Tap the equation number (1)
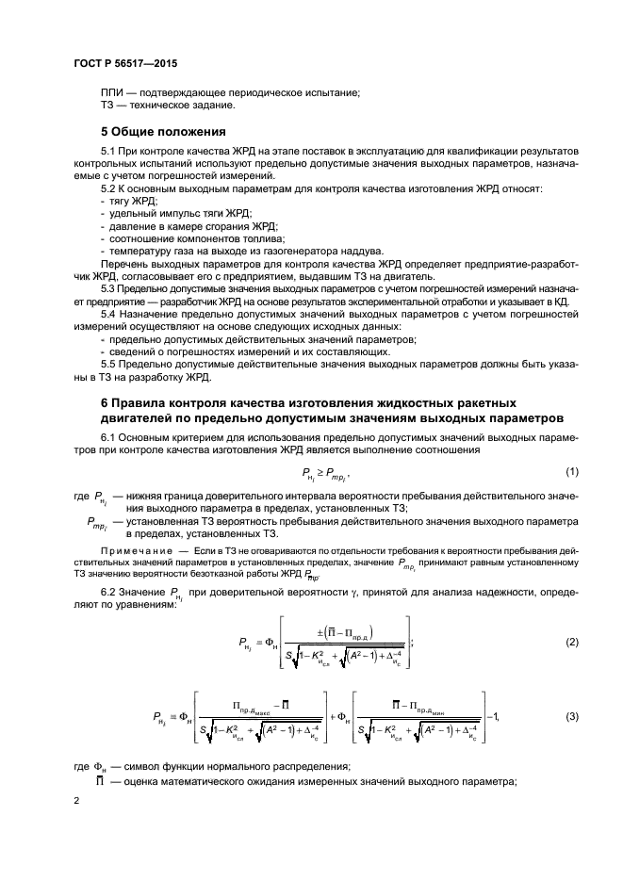pyautogui.click(x=571, y=471)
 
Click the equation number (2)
pyautogui.click(x=571, y=641)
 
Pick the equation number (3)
pyautogui.click(x=571, y=717)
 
